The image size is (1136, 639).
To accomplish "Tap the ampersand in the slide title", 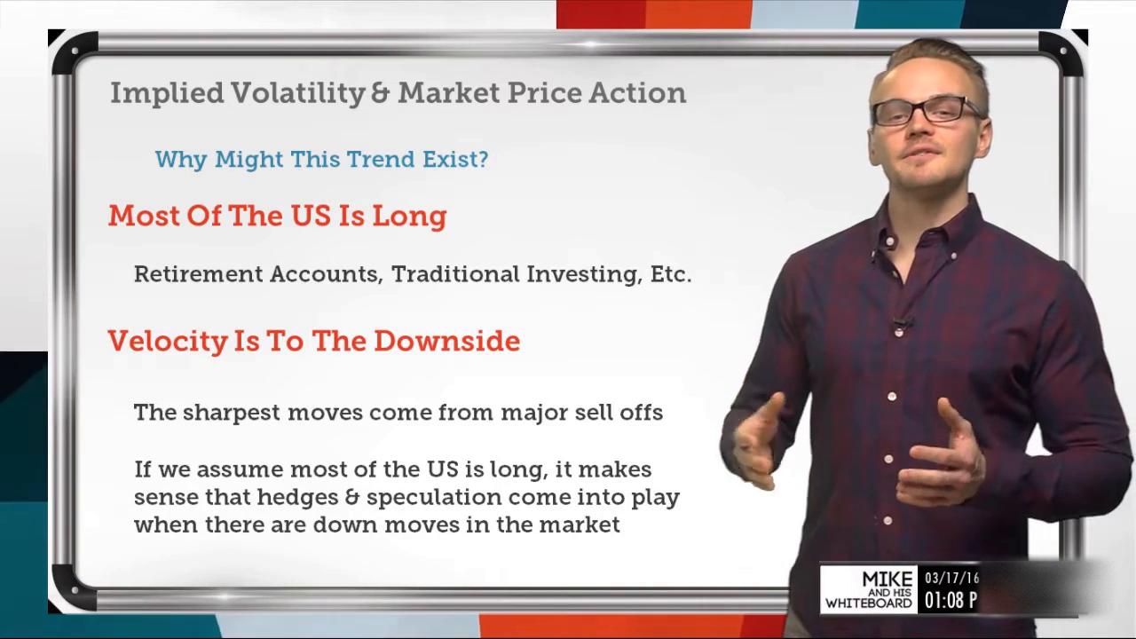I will click(381, 93).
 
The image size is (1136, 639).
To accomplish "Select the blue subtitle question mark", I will click(482, 160).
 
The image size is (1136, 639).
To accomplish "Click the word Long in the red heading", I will click(409, 217).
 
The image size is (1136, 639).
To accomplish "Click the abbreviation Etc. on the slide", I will click(670, 274).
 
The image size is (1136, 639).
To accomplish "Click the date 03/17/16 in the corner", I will click(951, 579).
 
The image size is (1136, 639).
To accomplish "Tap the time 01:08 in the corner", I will click(943, 601).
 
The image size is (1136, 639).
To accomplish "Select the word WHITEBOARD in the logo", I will click(869, 603).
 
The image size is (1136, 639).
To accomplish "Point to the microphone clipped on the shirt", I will click(901, 323).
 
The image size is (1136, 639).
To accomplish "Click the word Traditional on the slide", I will click(456, 274).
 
